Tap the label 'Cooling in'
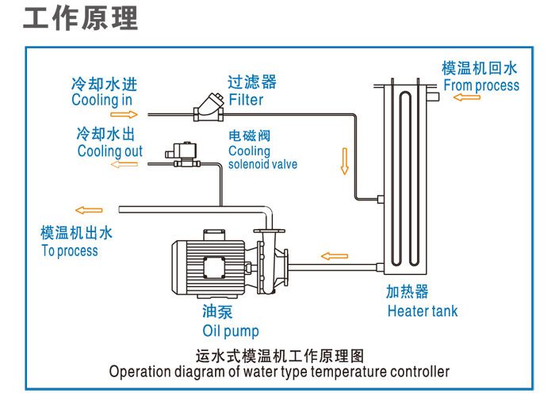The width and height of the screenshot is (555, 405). point(101,100)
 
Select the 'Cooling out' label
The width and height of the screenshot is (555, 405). point(110,151)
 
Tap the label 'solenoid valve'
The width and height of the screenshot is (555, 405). point(262,164)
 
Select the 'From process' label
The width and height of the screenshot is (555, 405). point(481,86)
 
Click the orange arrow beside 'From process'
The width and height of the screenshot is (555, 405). point(467,97)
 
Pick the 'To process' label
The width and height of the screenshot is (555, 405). point(70,250)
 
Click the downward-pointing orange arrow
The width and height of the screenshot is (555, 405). point(344,160)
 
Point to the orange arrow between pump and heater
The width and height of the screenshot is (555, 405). point(334,256)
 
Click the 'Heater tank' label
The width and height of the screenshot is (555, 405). point(423,311)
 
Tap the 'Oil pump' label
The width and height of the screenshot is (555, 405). point(231,330)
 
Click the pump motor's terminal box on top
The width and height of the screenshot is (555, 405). point(213,235)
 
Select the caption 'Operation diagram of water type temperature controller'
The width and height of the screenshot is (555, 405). point(279,371)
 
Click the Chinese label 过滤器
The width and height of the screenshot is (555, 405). point(252,82)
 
